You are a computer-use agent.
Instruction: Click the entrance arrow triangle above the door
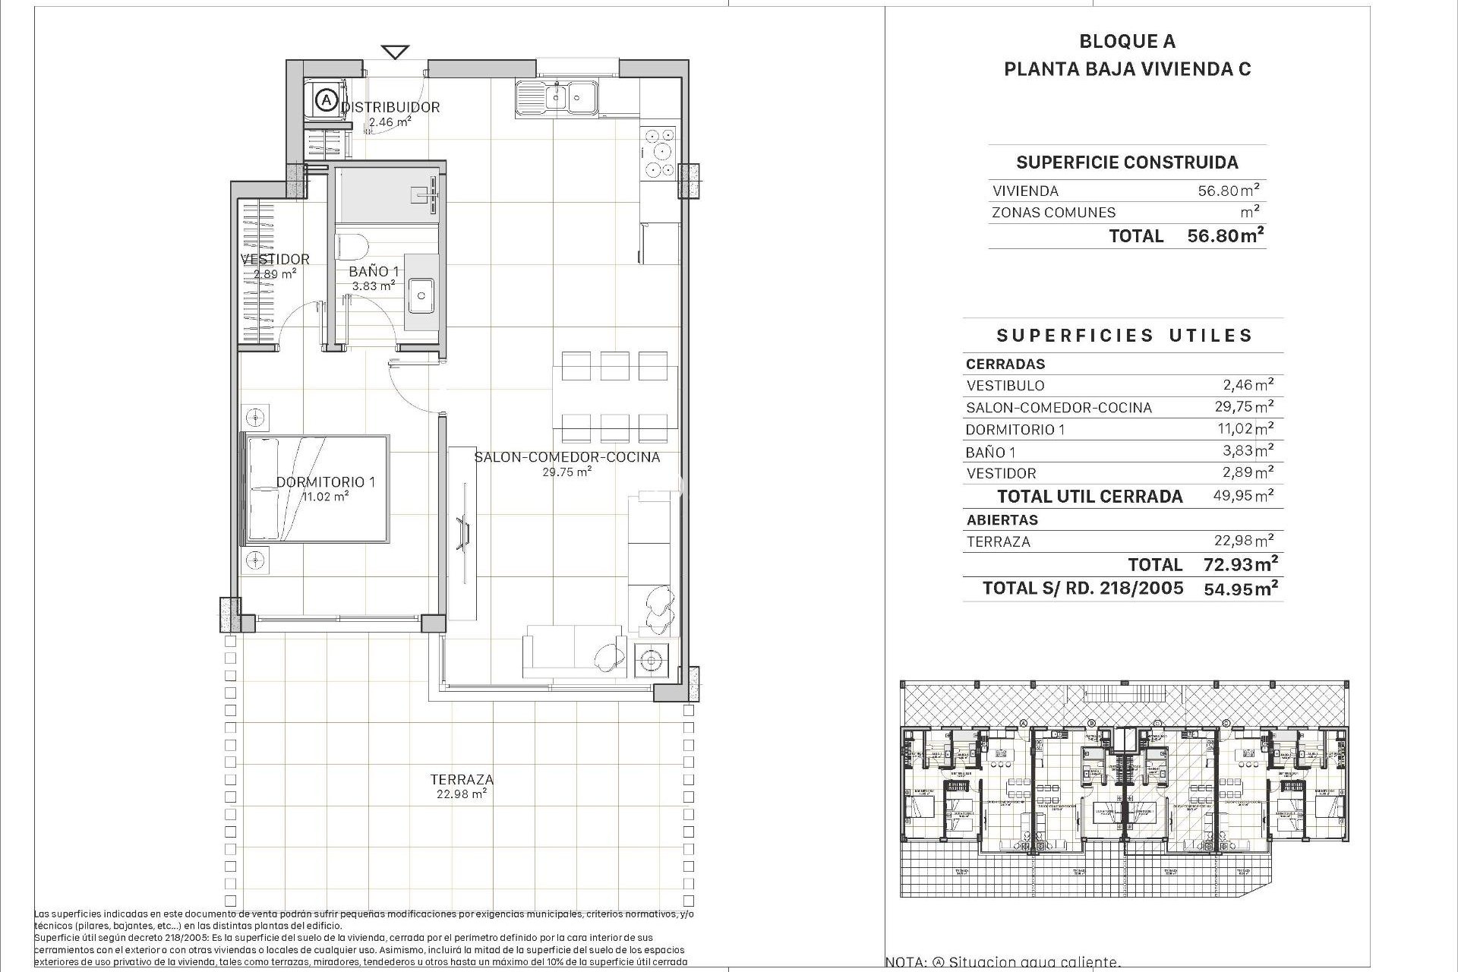pos(395,52)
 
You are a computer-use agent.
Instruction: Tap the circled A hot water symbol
pos(326,99)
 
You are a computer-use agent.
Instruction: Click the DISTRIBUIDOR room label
pos(390,107)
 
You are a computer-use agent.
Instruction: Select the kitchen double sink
pos(557,98)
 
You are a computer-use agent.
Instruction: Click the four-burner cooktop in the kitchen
pos(658,153)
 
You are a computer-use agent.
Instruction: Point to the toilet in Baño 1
pos(352,247)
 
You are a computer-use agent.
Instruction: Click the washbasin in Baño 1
pos(420,295)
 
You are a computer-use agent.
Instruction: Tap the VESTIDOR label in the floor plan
pos(275,259)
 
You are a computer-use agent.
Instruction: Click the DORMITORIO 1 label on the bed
pos(326,482)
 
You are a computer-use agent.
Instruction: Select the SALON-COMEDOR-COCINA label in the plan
pos(566,457)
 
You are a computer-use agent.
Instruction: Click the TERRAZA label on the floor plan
pos(462,779)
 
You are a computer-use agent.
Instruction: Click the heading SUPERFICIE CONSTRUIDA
pos(1127,163)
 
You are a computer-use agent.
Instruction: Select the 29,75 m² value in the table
pos(1244,407)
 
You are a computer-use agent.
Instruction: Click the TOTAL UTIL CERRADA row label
pos(1090,497)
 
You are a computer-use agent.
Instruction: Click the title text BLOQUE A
pos(1127,42)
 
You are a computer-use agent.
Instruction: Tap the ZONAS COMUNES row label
pos(1053,213)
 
